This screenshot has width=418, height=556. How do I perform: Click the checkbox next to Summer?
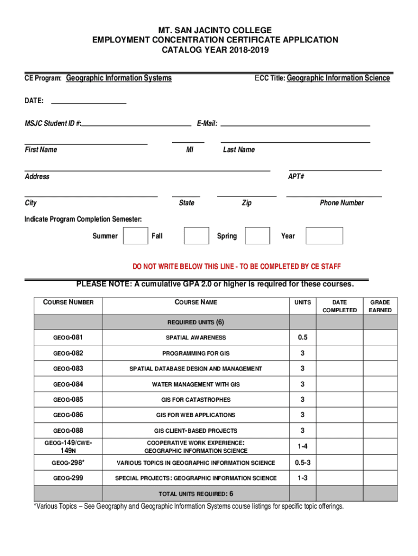click(x=135, y=236)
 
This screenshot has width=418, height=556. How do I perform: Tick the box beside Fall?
click(x=196, y=236)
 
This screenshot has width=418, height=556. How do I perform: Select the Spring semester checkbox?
click(x=257, y=236)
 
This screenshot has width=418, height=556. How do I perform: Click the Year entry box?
click(x=324, y=236)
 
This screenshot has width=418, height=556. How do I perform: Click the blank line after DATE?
click(x=88, y=100)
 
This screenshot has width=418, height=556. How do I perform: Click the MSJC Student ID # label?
click(x=53, y=124)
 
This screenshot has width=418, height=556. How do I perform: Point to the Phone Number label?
click(x=341, y=203)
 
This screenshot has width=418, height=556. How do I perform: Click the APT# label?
click(x=296, y=176)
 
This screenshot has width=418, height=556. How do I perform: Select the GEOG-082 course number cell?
click(x=68, y=353)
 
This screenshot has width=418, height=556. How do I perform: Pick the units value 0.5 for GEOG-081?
click(x=302, y=338)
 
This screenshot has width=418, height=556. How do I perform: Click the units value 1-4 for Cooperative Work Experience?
click(x=302, y=446)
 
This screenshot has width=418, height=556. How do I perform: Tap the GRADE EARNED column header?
click(x=380, y=306)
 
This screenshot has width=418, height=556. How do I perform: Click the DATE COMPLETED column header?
click(x=340, y=306)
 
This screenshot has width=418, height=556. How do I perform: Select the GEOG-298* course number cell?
click(x=68, y=463)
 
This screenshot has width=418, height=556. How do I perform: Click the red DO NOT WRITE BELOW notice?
click(x=237, y=267)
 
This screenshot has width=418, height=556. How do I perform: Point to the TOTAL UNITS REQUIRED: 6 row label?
click(x=195, y=494)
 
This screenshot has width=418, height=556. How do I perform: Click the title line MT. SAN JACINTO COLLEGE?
click(x=215, y=30)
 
